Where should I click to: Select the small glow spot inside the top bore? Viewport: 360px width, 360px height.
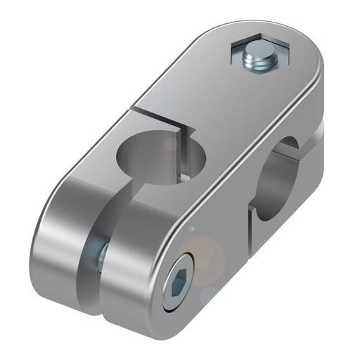170,144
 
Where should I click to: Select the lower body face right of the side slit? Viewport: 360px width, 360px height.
288,218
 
